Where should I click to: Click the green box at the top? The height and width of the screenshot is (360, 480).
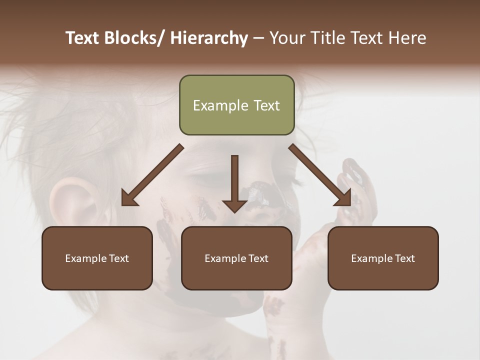236,105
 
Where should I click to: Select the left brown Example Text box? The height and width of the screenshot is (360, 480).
97,258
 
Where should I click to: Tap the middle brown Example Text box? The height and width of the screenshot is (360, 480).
236,258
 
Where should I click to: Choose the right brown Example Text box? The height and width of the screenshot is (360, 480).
383,258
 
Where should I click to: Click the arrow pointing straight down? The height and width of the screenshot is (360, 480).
234,183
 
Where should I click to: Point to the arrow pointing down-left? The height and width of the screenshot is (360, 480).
152,175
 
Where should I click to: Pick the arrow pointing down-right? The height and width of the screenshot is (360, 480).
320,174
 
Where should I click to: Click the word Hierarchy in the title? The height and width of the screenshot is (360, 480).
209,38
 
